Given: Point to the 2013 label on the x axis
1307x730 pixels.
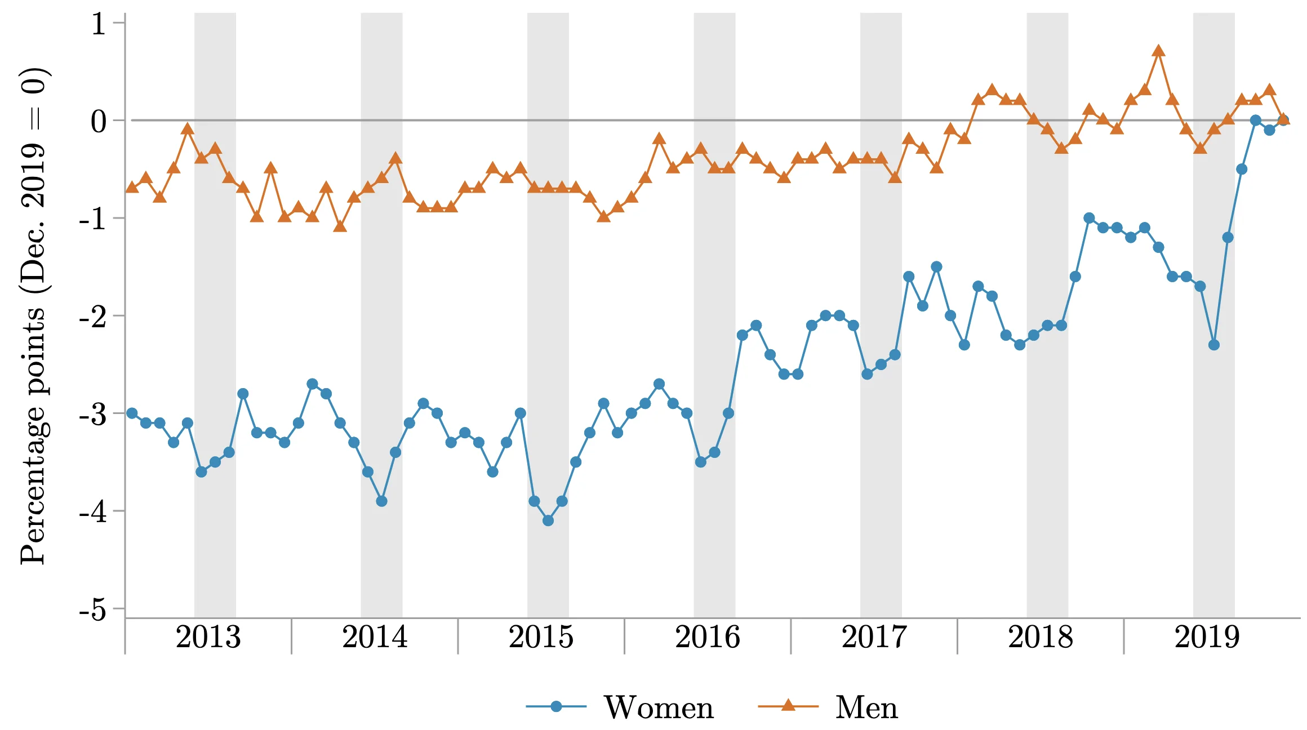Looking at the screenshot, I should pos(208,637).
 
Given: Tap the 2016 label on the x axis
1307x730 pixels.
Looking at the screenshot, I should pos(708,637).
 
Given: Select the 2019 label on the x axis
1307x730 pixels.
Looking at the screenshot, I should pos(1207,637).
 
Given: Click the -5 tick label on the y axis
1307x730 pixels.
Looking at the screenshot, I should pos(93,609).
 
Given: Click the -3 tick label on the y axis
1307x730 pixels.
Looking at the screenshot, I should pos(93,415).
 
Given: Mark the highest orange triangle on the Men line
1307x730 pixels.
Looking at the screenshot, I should pos(1158,51).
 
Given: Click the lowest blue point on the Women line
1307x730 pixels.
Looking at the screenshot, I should pos(548,520).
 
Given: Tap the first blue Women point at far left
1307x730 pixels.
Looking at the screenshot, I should pos(132,413).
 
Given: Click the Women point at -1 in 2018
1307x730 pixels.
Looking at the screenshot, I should pos(1089,218).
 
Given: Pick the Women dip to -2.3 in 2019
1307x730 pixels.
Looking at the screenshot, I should pos(1214,345).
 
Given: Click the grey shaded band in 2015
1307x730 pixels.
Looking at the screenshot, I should pos(548,315).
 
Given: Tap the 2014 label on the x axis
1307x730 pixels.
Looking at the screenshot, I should pos(375,637).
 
